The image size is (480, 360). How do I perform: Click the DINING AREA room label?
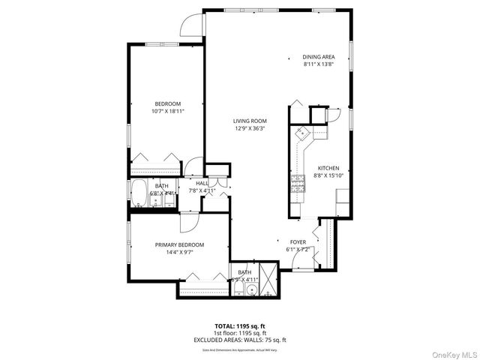click(319, 57)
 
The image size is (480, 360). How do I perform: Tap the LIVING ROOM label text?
click(250, 121)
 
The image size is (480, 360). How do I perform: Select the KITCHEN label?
click(328, 168)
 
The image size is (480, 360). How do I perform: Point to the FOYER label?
click(298, 242)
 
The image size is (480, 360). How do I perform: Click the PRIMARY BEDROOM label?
click(179, 245)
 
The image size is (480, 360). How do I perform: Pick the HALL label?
click(202, 183)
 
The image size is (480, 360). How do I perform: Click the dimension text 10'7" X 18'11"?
click(168, 111)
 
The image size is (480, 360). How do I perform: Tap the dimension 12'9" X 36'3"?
click(250, 128)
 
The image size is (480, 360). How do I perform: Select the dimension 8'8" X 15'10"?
click(328, 175)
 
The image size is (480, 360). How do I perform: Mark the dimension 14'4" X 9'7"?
click(179, 253)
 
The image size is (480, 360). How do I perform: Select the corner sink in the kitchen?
click(303, 134)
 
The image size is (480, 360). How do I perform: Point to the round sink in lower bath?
click(252, 290)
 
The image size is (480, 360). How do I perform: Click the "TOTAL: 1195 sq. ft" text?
click(239, 326)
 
